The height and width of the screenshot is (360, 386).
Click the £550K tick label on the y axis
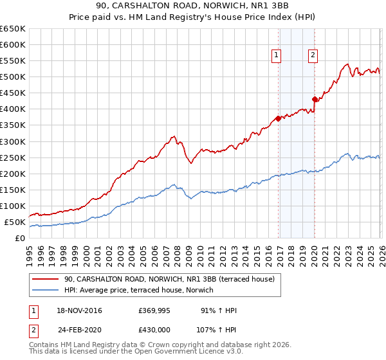[13, 61]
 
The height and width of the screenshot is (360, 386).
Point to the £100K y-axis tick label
[13, 206]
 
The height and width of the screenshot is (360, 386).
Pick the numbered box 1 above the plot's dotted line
[276, 56]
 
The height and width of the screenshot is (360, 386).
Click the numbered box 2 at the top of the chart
[313, 56]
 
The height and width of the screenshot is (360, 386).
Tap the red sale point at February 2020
[315, 99]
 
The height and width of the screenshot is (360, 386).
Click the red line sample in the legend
[46, 279]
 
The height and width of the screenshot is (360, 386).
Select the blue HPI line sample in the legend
[46, 290]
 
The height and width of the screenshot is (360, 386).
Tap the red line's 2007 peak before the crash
[173, 136]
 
